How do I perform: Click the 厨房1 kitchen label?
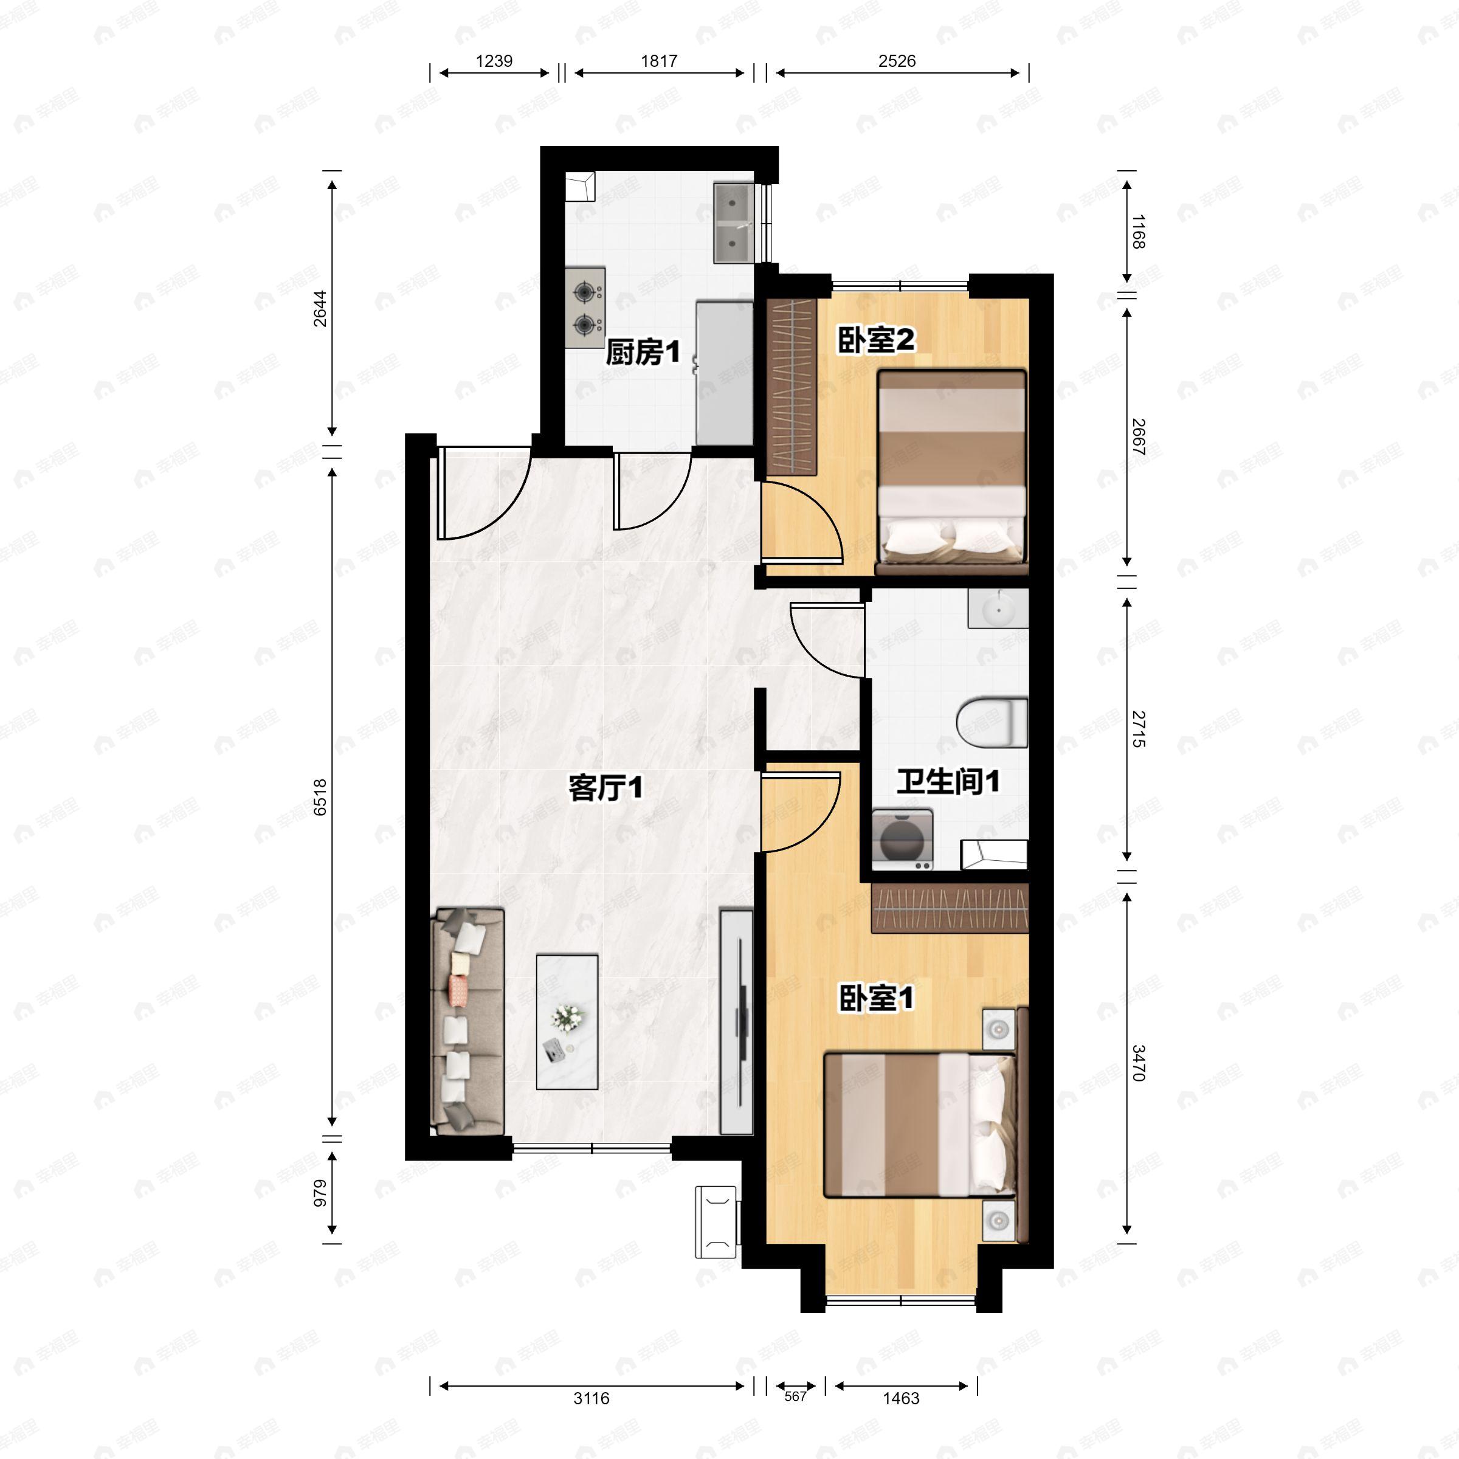[643, 352]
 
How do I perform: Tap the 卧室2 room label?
[876, 340]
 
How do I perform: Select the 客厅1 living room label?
[605, 788]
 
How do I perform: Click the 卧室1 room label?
[876, 998]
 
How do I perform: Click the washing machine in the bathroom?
[902, 838]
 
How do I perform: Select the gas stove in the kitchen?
[586, 308]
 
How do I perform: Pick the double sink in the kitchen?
[733, 224]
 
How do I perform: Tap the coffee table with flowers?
[567, 1022]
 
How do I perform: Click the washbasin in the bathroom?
[998, 609]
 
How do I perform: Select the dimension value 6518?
[320, 798]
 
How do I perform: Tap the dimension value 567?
[795, 1396]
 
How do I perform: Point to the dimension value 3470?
[1139, 1063]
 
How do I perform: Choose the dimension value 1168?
[1139, 232]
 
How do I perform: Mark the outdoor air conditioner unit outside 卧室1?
[716, 1222]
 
